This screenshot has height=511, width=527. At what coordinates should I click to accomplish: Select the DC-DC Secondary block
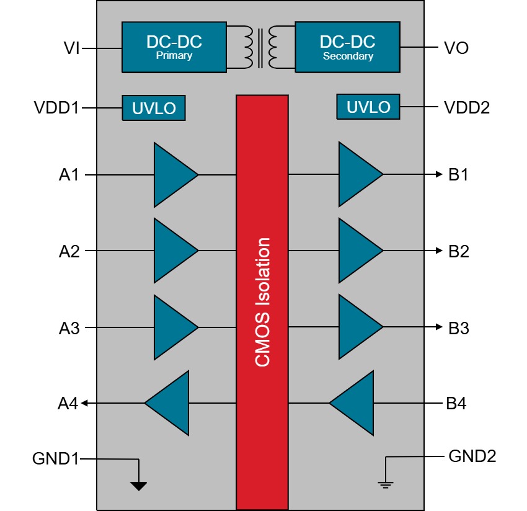point(347,47)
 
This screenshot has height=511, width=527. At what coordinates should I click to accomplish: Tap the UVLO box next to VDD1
point(154,109)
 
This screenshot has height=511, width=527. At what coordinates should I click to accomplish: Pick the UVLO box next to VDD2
point(368,107)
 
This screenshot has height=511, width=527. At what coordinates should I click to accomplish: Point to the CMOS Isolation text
point(263,302)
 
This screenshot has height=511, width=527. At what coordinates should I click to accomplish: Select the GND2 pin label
point(472,457)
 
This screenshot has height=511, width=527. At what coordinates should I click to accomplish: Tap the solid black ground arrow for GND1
point(139,486)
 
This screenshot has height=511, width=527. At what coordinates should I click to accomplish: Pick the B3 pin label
point(459,329)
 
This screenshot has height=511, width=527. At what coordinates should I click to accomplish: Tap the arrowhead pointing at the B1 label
point(439,175)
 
